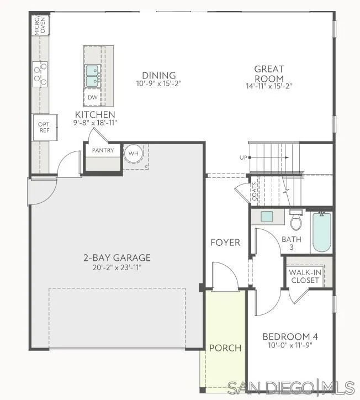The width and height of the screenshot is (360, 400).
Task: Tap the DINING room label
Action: point(158,76)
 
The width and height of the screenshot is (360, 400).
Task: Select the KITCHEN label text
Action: point(96,114)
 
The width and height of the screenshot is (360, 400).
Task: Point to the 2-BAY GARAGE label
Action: point(117,257)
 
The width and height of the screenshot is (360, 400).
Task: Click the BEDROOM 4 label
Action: point(290,336)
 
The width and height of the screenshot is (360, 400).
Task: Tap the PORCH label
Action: point(225,348)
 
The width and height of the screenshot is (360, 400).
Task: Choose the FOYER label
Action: point(225,243)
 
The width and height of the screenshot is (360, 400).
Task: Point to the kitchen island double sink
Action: point(92,76)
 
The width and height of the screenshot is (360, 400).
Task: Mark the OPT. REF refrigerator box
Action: point(44,127)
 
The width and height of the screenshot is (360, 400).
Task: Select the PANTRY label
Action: point(103,150)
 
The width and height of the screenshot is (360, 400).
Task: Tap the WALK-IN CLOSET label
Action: point(305,276)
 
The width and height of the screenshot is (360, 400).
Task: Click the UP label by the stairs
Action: point(243,157)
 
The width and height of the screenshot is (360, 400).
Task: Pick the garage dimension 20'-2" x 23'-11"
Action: point(117,268)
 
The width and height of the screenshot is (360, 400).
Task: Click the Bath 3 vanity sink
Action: point(267,216)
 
